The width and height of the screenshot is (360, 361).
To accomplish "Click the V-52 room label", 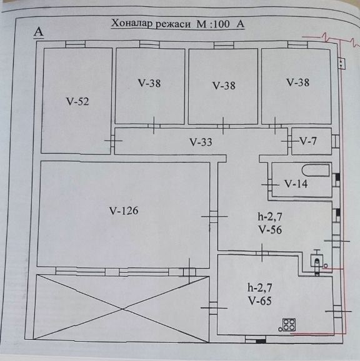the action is [77, 102].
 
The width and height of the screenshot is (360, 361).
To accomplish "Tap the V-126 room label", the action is [124, 210].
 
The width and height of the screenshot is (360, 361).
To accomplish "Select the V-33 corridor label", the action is [201, 142].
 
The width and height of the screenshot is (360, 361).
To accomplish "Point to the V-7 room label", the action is [308, 141].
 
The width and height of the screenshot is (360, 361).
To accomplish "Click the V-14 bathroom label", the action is [296, 184].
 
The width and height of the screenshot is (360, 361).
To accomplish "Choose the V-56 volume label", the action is [270, 230].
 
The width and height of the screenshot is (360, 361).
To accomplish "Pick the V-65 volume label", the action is [260, 300].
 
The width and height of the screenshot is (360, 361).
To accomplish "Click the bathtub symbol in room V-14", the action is [316, 171].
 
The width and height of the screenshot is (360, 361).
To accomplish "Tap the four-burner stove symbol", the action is [289, 325].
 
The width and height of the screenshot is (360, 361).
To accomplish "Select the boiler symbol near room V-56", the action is [317, 261].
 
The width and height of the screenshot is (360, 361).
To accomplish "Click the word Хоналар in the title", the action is [131, 24].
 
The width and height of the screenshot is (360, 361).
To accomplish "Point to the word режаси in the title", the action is [173, 24].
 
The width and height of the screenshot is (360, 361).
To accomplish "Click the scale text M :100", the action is [213, 24].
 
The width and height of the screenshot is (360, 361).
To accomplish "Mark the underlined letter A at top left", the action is [39, 32].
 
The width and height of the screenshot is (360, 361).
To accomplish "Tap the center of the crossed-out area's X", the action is [122, 309].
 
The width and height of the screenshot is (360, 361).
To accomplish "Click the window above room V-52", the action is [76, 44].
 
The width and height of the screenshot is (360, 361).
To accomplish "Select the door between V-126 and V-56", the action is [214, 217].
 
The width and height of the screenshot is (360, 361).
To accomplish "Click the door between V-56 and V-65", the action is [262, 253].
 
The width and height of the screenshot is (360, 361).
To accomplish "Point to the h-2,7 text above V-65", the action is [260, 288].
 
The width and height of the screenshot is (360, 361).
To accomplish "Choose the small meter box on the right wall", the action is [342, 64].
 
